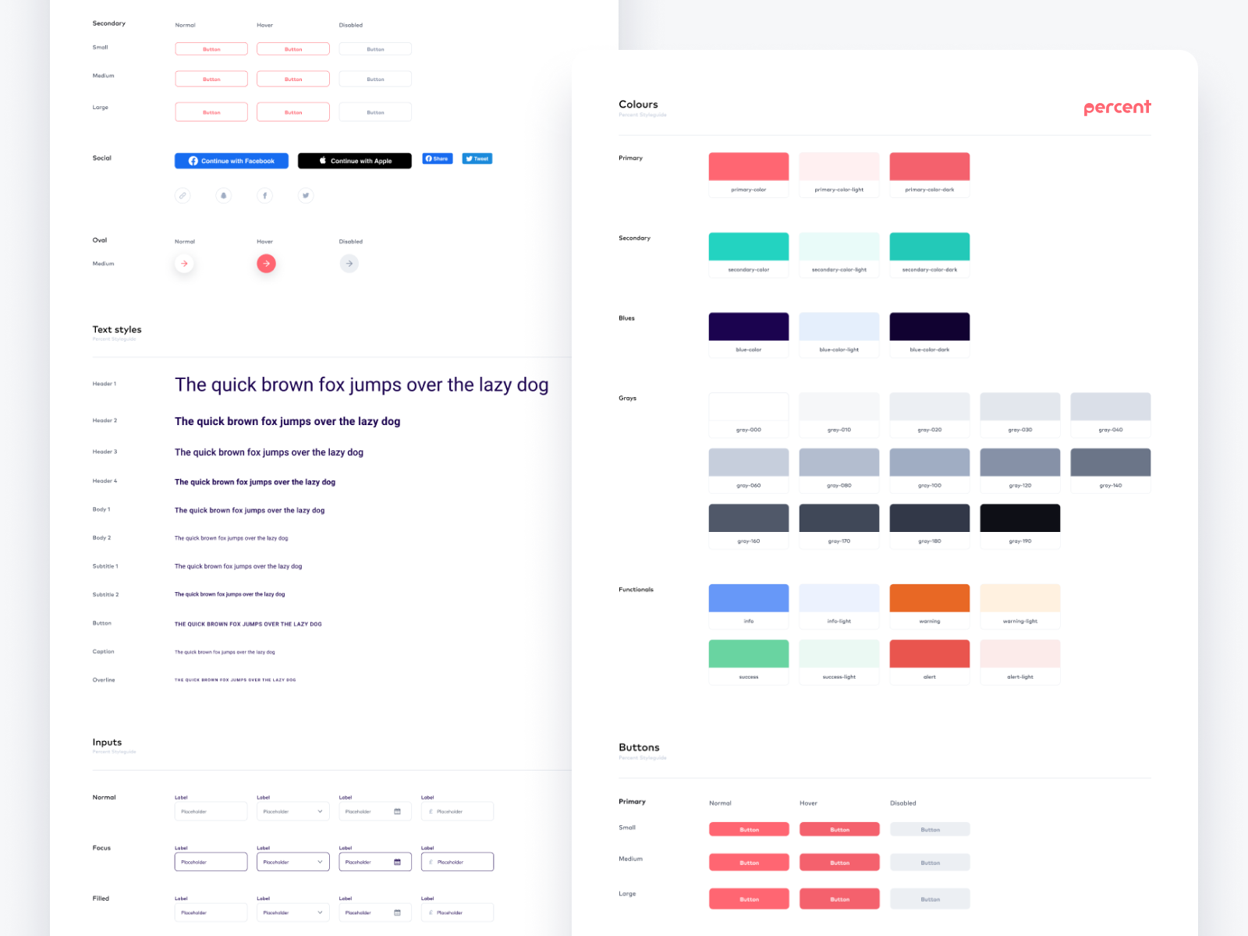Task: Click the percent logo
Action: [1117, 108]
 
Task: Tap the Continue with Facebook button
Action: [232, 161]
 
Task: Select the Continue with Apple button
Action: [355, 161]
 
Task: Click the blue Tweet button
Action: [477, 158]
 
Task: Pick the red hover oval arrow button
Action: [266, 264]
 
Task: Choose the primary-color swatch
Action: [749, 167]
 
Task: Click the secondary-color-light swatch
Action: [839, 246]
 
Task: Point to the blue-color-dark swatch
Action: [930, 327]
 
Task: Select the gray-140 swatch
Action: [1111, 462]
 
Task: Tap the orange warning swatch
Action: [930, 598]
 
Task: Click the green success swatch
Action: [749, 654]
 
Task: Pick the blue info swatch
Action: [749, 598]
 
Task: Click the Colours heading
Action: [638, 105]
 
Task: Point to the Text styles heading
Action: [117, 330]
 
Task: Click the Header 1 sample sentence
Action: [361, 385]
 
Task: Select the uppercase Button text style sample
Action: [248, 624]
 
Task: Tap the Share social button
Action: [438, 158]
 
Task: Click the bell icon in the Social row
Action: [224, 196]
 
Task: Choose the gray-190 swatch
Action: [1020, 518]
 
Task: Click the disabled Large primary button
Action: [930, 899]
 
